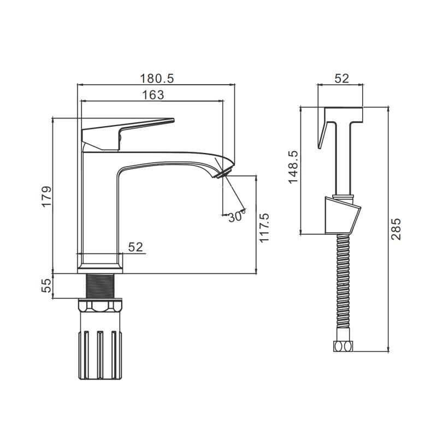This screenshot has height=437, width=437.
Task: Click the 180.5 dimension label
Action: coord(157,78)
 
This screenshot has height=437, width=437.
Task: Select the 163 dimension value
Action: coord(153,95)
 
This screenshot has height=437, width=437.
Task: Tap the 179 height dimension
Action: coord(46,196)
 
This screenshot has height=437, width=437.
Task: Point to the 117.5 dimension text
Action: coord(264,228)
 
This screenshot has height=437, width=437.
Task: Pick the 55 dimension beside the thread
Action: coord(46,285)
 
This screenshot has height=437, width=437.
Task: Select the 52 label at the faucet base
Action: coord(135,247)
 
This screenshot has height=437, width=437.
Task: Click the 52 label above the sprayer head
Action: coord(342,79)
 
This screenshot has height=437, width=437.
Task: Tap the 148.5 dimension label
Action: coord(293,167)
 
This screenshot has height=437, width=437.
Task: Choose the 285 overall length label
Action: coord(395,229)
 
